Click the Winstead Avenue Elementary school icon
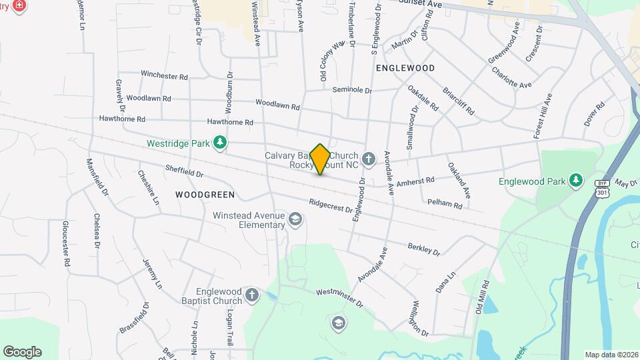295,219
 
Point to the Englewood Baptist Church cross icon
251,295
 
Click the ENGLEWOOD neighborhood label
405,68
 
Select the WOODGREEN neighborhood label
205,195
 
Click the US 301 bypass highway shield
602,189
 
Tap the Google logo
22,351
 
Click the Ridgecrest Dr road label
331,206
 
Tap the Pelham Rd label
445,203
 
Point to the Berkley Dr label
424,249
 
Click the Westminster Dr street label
339,297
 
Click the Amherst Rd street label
415,181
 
